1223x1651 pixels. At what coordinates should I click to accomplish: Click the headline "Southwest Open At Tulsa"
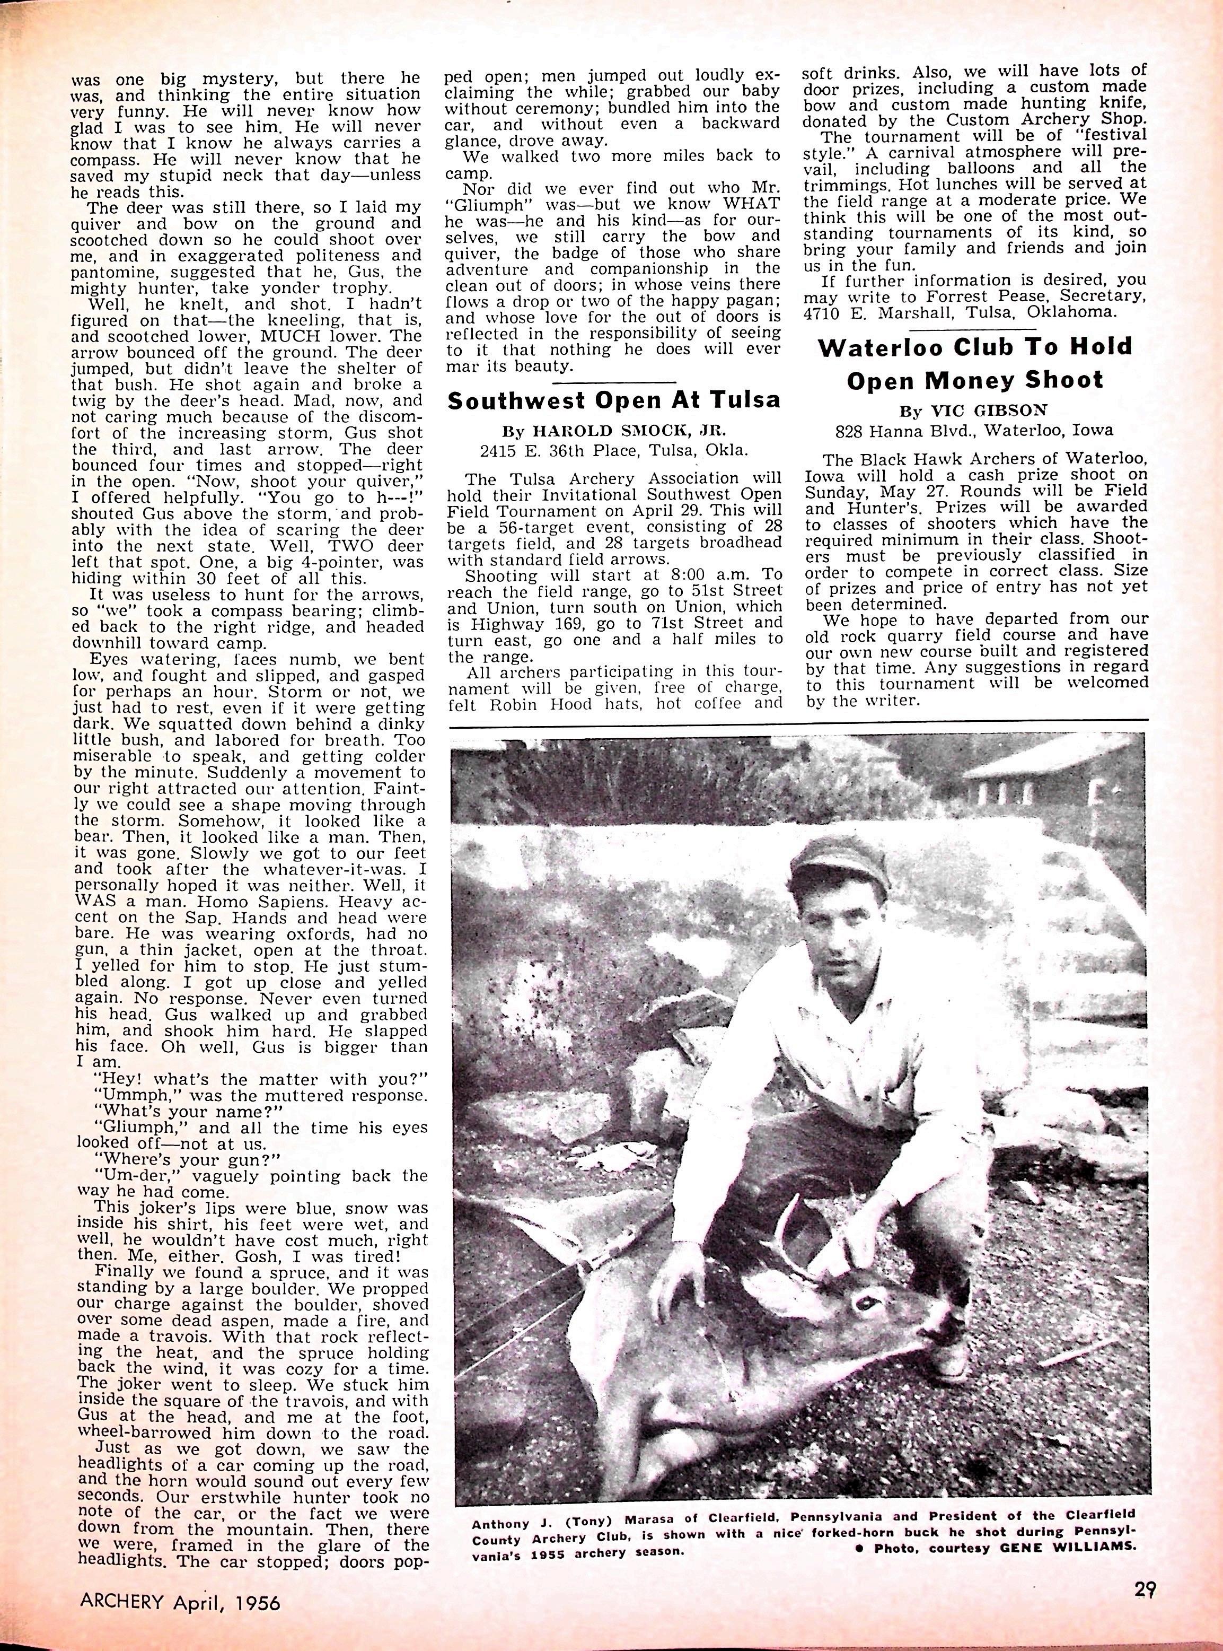tap(614, 401)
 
